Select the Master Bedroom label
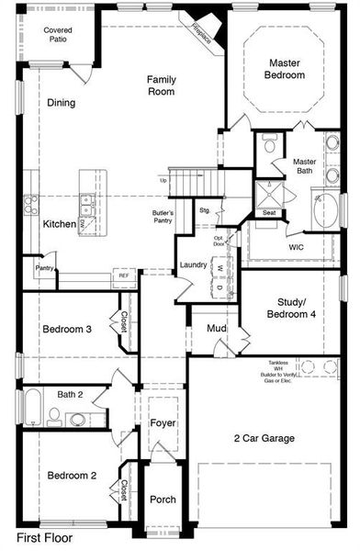point(286,69)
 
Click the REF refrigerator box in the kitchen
point(122,275)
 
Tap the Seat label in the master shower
point(270,213)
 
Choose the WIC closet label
point(296,246)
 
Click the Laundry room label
point(193,265)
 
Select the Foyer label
point(163,422)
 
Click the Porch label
point(163,500)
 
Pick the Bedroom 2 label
point(72,476)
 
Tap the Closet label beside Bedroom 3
point(122,322)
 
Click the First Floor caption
point(44,536)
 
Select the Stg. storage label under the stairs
point(204,210)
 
